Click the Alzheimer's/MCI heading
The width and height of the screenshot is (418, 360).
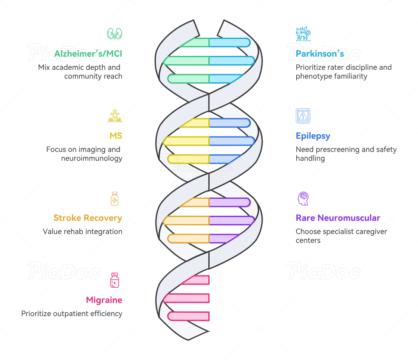pyautogui.click(x=88, y=54)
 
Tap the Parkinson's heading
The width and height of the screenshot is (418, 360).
pyautogui.click(x=320, y=54)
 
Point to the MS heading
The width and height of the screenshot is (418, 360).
pyautogui.click(x=116, y=136)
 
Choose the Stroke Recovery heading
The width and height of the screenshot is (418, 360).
pyautogui.click(x=87, y=218)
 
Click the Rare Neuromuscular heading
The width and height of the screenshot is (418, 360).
pyautogui.click(x=338, y=218)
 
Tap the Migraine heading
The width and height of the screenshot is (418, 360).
pyautogui.click(x=104, y=300)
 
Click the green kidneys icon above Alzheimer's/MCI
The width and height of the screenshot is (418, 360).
pyautogui.click(x=115, y=34)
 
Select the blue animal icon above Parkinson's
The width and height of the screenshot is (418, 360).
pyautogui.click(x=303, y=34)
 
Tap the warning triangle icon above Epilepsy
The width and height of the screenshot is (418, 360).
pyautogui.click(x=303, y=116)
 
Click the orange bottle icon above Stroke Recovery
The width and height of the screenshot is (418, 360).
pyautogui.click(x=115, y=198)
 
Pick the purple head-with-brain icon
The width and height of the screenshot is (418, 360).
pyautogui.click(x=303, y=198)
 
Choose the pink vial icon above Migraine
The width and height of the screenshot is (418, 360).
pyautogui.click(x=115, y=280)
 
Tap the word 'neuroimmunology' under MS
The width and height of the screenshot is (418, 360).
pyautogui.click(x=91, y=158)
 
